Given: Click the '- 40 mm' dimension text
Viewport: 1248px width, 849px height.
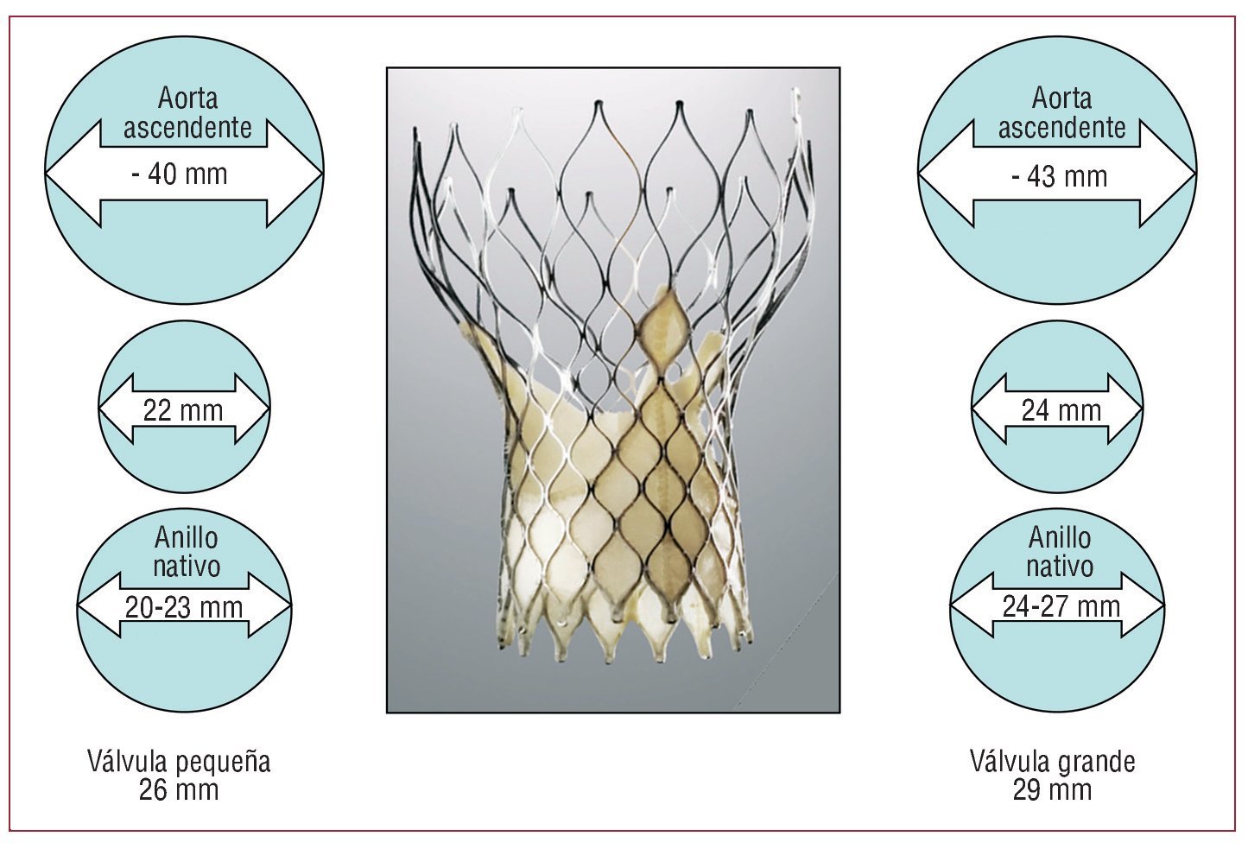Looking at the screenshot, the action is coord(180,174).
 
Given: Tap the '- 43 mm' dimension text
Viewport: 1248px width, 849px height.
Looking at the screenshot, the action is coord(1059,177).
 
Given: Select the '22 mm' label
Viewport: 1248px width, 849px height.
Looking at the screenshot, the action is coord(183,410).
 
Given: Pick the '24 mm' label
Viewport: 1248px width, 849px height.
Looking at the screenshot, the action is coord(1061,410).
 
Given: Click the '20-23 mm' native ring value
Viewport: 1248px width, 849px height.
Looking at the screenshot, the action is coord(184,607).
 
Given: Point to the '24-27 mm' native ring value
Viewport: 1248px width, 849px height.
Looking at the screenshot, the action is coord(1061,606).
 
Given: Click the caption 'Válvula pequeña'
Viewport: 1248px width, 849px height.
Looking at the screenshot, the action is coord(179,762).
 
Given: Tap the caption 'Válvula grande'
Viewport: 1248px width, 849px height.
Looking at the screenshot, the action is coord(1052,762).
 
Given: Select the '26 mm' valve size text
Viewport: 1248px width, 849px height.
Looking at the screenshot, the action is coord(179,789).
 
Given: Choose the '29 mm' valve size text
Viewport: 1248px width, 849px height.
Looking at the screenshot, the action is coord(1052,789).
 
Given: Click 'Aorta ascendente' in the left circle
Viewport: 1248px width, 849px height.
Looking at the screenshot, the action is coord(187,113).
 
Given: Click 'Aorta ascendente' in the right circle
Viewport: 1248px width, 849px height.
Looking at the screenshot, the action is coord(1061,113).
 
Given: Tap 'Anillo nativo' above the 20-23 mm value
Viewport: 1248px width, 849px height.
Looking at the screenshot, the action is coord(187,552).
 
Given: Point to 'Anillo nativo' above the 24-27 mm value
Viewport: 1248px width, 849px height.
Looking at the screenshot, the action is coord(1060,552).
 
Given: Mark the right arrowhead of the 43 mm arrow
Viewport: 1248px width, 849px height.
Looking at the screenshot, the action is coord(1169,175).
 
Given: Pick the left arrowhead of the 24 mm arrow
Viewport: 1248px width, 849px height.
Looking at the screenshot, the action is coord(988,409).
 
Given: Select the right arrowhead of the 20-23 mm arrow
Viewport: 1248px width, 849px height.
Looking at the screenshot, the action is coord(271,605).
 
